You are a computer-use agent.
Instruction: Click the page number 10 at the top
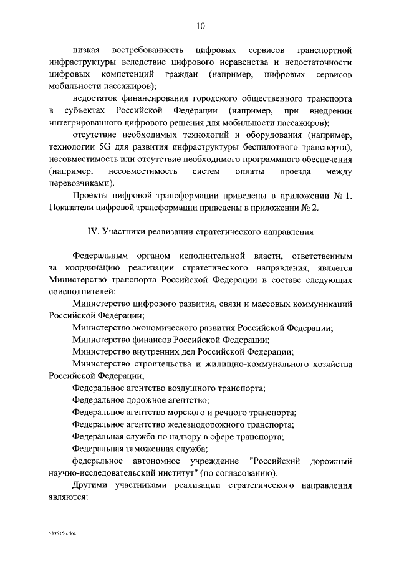[199, 26]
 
